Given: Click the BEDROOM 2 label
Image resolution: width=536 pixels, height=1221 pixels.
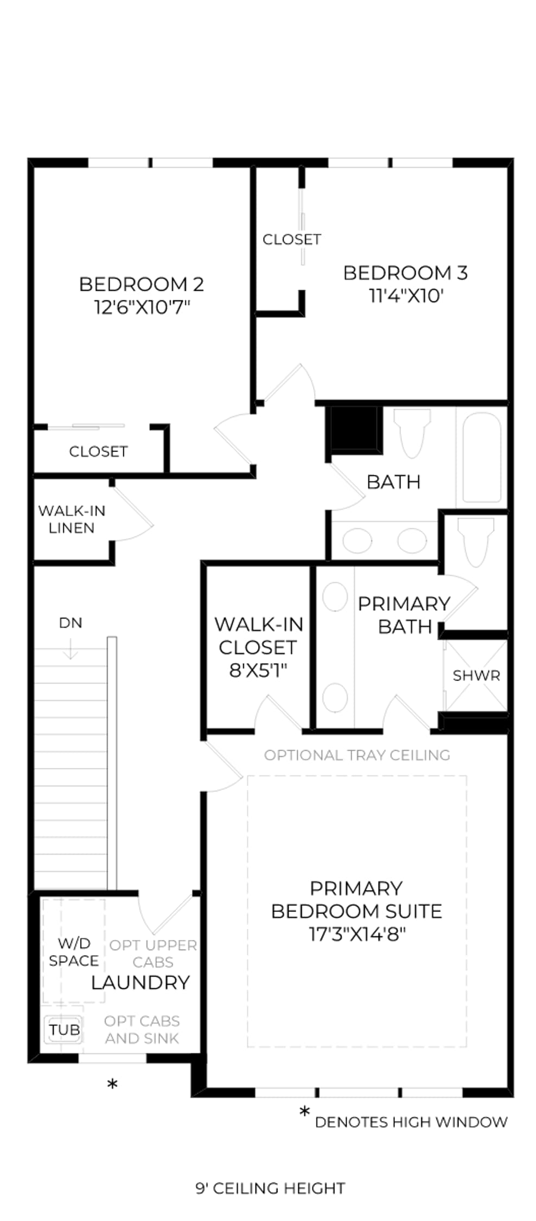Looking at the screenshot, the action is click(x=141, y=284).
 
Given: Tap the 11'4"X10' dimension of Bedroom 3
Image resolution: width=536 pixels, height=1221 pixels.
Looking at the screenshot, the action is click(x=406, y=296).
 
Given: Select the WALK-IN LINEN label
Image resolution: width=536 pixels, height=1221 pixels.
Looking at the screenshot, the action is click(x=72, y=519).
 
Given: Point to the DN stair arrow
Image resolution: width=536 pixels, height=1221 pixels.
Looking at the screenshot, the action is click(x=70, y=648).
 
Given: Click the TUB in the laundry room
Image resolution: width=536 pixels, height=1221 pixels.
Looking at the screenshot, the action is click(x=64, y=1029).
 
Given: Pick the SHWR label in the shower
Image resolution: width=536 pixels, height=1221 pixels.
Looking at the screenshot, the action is click(x=476, y=676).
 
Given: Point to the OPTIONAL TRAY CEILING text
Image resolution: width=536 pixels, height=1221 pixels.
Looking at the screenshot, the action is click(x=357, y=755).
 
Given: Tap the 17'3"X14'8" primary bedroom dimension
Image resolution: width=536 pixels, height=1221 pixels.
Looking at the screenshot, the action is click(x=358, y=934).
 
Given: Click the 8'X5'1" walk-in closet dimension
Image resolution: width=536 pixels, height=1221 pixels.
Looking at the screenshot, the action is click(x=258, y=670).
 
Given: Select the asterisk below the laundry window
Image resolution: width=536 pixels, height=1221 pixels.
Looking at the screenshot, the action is click(x=112, y=1084).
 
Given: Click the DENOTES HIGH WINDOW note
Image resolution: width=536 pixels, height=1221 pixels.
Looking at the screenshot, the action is click(x=411, y=1122).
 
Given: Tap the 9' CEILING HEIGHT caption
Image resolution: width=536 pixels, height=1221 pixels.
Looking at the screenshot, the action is click(x=270, y=1188).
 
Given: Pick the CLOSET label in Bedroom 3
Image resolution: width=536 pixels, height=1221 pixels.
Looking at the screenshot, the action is click(x=292, y=239).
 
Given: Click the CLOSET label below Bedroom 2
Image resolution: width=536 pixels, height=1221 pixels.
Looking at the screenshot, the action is click(x=98, y=451).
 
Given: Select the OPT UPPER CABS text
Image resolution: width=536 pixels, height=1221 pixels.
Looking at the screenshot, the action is click(x=153, y=953).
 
